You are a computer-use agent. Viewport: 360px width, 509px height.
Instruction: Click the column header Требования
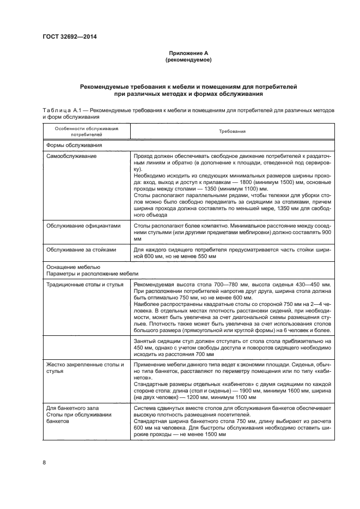coord(232,131)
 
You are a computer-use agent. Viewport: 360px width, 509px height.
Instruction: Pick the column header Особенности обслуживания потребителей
coord(86,131)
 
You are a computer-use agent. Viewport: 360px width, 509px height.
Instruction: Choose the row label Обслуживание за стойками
coord(81,250)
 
